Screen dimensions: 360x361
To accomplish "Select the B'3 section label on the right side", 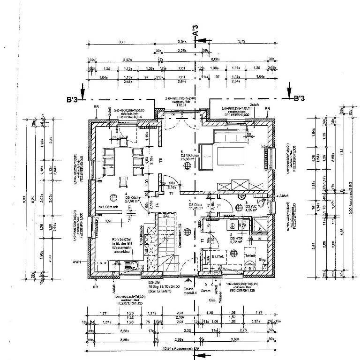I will [x=300, y=99].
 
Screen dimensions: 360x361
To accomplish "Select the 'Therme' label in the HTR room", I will [x=249, y=256].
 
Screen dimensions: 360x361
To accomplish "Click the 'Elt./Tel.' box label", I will [x=219, y=256].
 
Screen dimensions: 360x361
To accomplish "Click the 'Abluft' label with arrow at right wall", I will [x=285, y=195].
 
